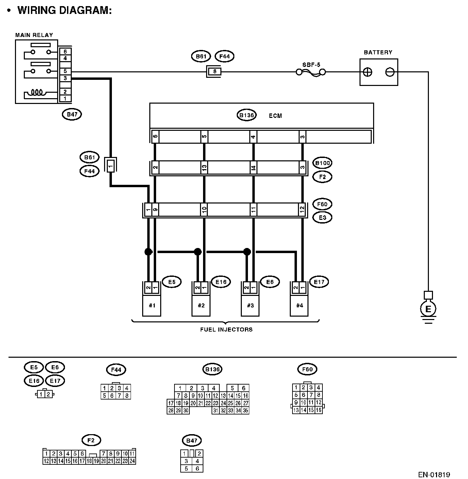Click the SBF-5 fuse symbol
[x=311, y=72]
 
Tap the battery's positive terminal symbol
[x=368, y=72]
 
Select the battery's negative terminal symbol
[x=390, y=72]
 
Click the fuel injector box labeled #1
[x=152, y=305]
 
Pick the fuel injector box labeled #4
[x=299, y=305]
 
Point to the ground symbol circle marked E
[x=428, y=309]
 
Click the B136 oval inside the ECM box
[x=246, y=115]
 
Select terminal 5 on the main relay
[x=65, y=71]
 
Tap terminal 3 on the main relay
[x=65, y=78]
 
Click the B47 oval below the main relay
[x=72, y=114]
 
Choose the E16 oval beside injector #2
[x=221, y=282]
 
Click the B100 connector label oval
[x=322, y=163]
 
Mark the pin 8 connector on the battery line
[x=214, y=72]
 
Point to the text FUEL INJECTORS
[x=226, y=329]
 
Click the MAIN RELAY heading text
[x=34, y=35]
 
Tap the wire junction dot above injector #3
[x=247, y=252]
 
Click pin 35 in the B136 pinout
[x=246, y=410]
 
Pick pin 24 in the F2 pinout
[x=132, y=461]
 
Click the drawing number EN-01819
[x=434, y=475]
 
